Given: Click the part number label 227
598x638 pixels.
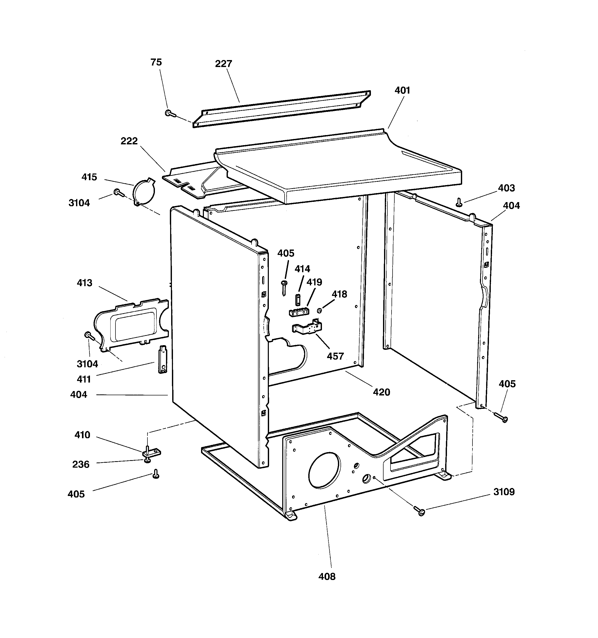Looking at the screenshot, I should tap(223, 64).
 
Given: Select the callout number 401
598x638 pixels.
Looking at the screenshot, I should tap(402, 90).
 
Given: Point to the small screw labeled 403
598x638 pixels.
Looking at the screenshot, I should tap(459, 202).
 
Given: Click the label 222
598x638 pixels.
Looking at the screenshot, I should tap(129, 141).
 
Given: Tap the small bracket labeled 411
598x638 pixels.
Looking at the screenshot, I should tap(163, 359).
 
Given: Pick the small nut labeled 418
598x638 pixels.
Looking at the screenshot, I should tap(319, 310).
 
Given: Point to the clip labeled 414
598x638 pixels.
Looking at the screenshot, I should tap(297, 300).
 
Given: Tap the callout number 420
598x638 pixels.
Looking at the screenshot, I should tap(381, 392).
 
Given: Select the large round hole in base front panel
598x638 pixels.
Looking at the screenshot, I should tap(324, 471).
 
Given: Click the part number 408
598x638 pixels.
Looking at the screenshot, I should tap(327, 577).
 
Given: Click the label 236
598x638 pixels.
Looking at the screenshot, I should tap(81, 464).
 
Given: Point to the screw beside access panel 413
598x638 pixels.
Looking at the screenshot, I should tap(89, 336).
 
